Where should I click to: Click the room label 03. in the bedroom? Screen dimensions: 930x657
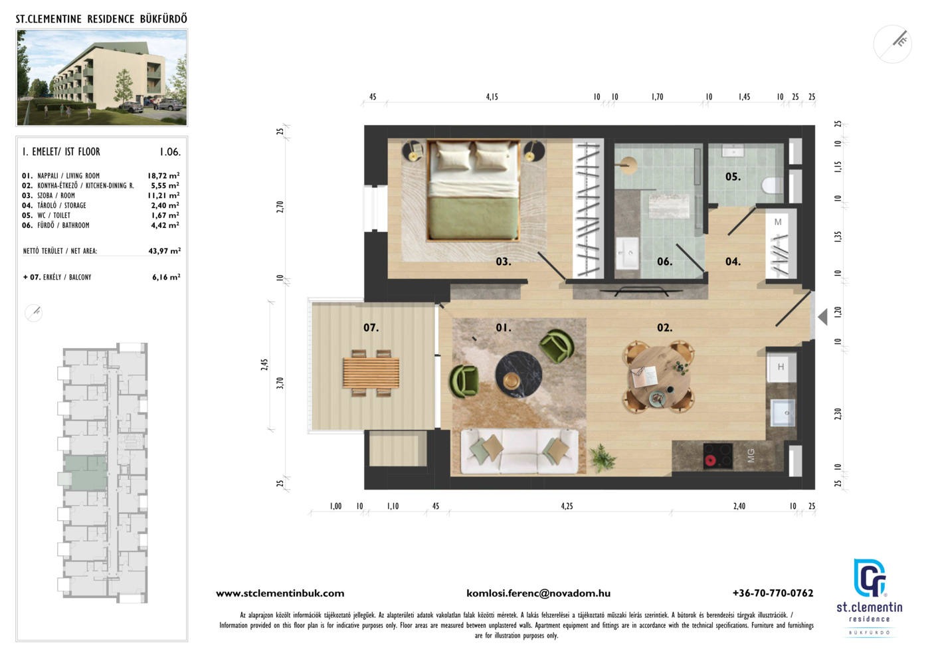click(x=504, y=262)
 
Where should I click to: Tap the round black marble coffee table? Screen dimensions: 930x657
click(x=519, y=375)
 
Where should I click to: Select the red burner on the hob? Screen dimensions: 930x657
click(x=710, y=460)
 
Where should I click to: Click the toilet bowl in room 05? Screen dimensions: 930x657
click(x=773, y=185)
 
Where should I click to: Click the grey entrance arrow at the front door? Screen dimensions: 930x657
click(x=823, y=318)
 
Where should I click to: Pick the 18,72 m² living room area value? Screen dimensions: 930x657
click(x=163, y=175)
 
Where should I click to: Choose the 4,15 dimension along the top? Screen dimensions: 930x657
click(x=492, y=97)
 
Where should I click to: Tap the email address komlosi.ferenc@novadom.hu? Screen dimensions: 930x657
click(x=539, y=593)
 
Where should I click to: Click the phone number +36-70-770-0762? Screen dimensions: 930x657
click(x=773, y=593)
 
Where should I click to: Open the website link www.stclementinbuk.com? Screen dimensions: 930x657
click(x=280, y=593)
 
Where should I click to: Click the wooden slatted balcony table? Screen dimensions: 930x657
click(x=371, y=373)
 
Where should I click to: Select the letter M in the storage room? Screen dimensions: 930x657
click(x=778, y=222)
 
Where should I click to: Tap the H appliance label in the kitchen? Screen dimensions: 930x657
click(x=781, y=367)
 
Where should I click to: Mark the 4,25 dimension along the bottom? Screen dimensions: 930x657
click(x=567, y=506)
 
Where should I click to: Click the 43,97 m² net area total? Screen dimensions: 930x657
click(x=165, y=251)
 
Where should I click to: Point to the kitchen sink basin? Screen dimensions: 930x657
click(x=783, y=413)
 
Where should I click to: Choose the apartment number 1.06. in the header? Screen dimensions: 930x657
click(x=170, y=152)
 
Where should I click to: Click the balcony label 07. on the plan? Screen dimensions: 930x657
click(x=371, y=328)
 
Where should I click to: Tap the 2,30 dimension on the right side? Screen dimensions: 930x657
click(x=838, y=414)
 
